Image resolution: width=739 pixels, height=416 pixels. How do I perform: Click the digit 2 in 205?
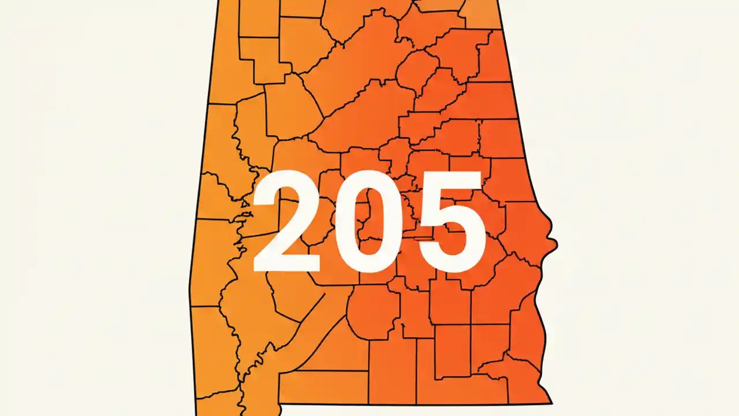tap(286, 222)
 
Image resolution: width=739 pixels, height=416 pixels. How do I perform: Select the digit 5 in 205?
tap(451, 222)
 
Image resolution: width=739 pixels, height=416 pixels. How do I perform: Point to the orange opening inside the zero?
tap(369, 222)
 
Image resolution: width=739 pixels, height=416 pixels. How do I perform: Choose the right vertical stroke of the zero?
tap(395, 222)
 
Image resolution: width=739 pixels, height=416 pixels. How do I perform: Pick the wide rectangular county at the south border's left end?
tap(323, 387)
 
